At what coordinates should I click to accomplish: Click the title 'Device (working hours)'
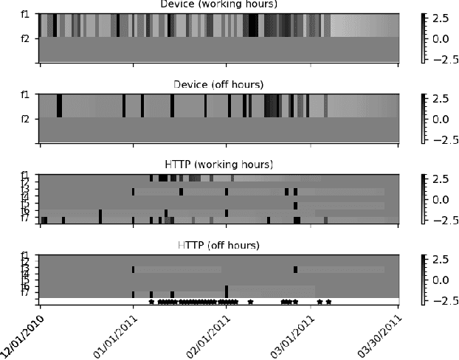(x=220, y=4)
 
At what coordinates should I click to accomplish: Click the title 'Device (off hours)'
(x=220, y=84)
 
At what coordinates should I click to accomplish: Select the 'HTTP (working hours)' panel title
(x=220, y=164)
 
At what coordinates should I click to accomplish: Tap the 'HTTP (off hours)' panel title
(x=220, y=244)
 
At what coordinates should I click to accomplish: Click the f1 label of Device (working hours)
(x=25, y=14)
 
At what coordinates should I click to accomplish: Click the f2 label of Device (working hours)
(x=25, y=38)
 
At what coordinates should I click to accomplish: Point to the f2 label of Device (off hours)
(x=25, y=118)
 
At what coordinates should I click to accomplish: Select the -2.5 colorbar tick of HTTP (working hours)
(x=439, y=221)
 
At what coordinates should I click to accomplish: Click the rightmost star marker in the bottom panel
(x=328, y=301)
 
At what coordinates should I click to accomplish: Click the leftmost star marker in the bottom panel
(x=151, y=301)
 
